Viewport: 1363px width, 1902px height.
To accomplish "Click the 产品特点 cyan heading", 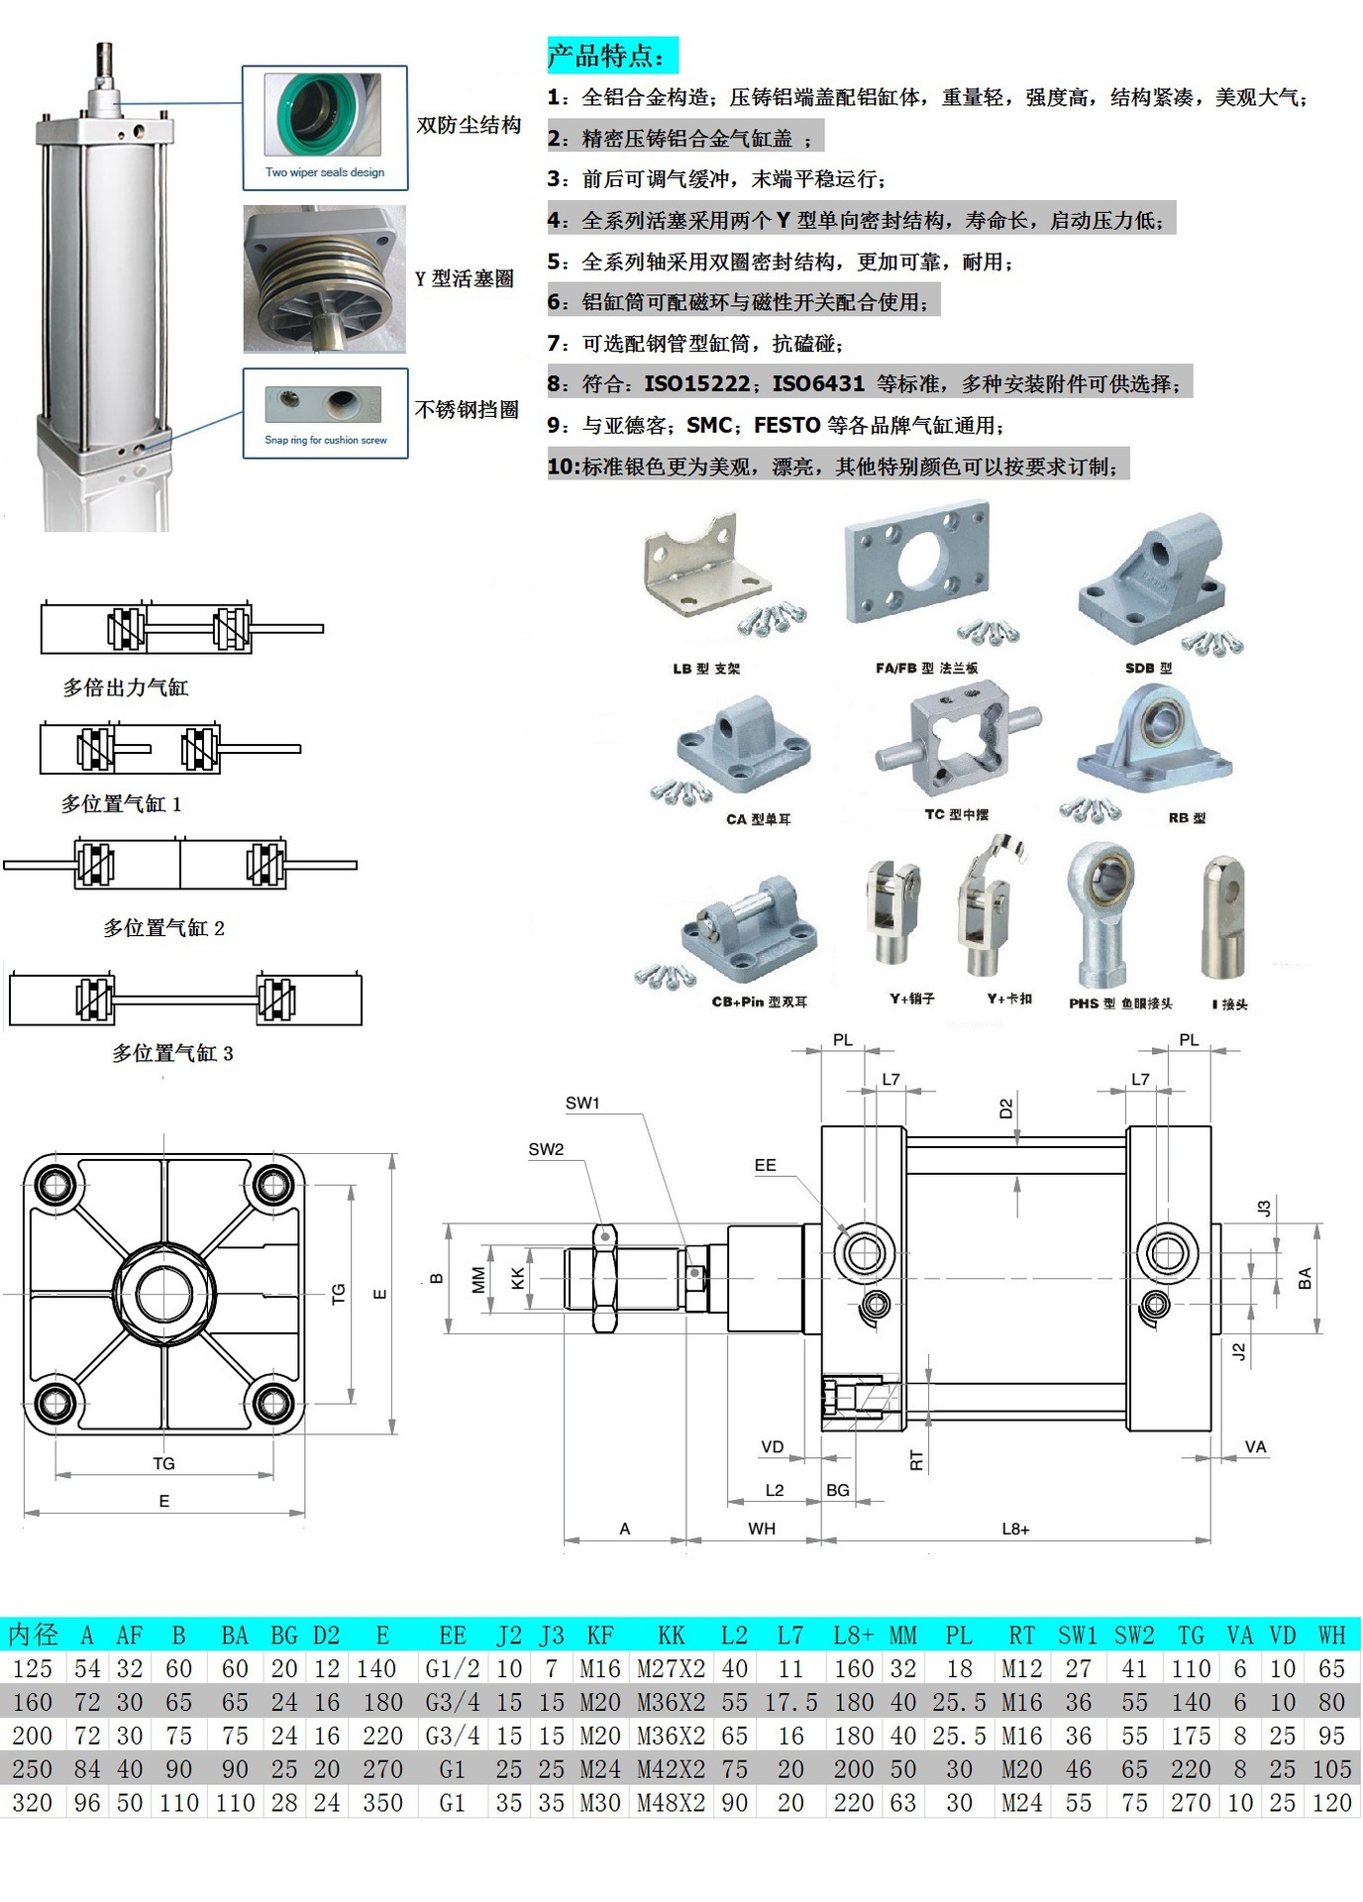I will coord(611,55).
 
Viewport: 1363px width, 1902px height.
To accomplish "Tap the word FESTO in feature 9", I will coord(786,425).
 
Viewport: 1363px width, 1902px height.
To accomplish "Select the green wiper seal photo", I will coord(322,115).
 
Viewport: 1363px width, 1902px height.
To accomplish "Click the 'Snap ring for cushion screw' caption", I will coord(325,440).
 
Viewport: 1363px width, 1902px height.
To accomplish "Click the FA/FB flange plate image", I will coord(916,561).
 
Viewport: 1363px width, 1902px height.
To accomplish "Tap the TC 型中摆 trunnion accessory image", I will coord(957,743).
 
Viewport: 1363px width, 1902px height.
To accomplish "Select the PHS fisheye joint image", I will coord(1101,912).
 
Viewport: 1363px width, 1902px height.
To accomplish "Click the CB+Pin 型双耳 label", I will coord(759,1002).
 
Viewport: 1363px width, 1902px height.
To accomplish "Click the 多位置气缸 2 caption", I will coord(163,928).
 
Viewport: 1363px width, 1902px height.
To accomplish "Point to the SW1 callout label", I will coord(582,1103).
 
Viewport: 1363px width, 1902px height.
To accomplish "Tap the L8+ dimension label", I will coord(1015,1529).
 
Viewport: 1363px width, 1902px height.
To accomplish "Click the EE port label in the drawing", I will coord(765,1165).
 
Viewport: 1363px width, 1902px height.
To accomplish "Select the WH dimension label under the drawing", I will coord(761,1529).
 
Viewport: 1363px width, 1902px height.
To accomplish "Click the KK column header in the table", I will coord(671,1635).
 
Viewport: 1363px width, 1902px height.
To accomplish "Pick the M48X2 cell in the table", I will coord(671,1803).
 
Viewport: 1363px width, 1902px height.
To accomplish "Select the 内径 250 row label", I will coord(33,1769).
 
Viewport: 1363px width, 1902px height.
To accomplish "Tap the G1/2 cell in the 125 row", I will coord(452,1668).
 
